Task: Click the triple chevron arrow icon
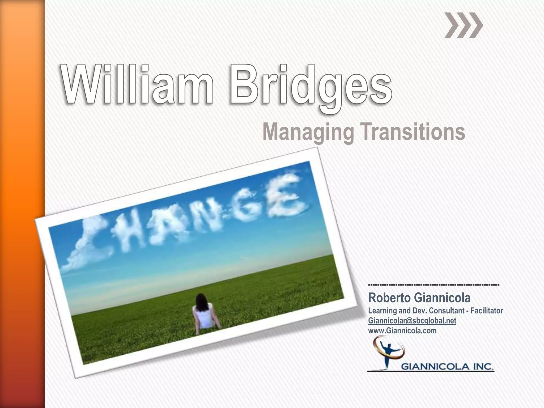[x=464, y=25]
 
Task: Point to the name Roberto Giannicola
[x=419, y=298]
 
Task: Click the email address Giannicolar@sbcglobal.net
[x=412, y=321]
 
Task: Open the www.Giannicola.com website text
[x=402, y=331]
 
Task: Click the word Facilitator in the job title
[x=487, y=311]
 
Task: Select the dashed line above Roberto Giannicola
[x=434, y=285]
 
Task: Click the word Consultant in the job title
[x=447, y=311]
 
